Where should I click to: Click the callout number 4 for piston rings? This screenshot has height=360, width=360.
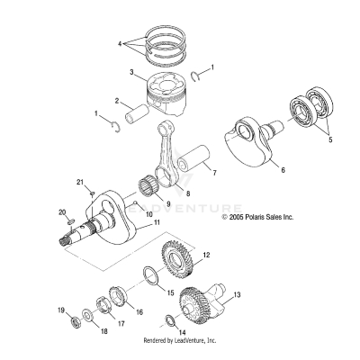[119, 42]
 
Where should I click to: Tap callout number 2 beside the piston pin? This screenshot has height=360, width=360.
[117, 101]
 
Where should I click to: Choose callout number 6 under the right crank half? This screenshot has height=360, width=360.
[283, 168]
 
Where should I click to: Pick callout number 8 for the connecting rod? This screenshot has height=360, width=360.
[188, 192]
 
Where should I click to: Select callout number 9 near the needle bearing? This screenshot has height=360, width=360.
[168, 204]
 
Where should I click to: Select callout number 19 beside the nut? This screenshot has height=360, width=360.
[61, 311]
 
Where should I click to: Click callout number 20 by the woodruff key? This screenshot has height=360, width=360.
[63, 211]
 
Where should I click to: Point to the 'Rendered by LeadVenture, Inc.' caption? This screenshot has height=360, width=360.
[180, 341]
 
